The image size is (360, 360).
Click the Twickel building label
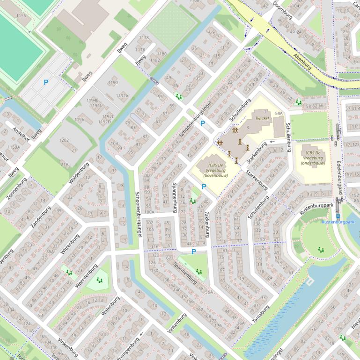tap(262, 119)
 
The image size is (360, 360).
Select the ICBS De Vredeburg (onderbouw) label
tap(313, 158)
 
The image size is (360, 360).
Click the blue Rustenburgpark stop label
tap(340, 222)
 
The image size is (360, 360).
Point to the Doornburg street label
tap(282, 10)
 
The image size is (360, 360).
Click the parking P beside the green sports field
tap(46, 82)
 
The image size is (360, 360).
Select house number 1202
tap(64, 140)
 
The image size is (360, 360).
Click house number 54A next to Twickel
tap(279, 114)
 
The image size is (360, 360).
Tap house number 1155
tap(21, 16)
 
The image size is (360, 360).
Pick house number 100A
tap(149, 212)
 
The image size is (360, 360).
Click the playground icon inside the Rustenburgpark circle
tap(321, 250)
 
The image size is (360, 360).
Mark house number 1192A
tap(122, 96)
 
